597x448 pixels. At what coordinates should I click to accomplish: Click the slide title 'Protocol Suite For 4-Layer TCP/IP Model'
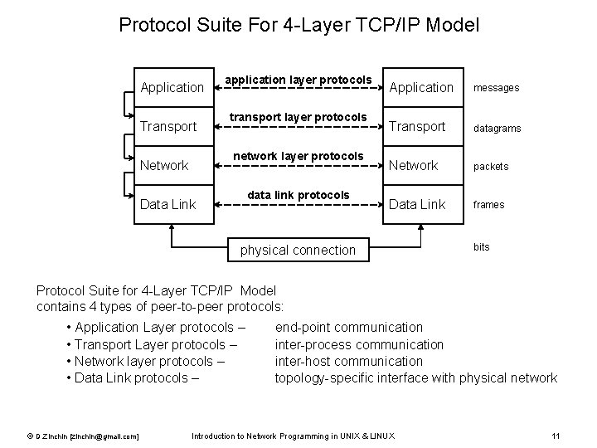[298, 25]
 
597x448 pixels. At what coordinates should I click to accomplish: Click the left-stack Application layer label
[172, 87]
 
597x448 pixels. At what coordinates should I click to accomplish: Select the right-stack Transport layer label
[417, 126]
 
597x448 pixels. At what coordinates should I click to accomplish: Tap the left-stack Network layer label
[164, 165]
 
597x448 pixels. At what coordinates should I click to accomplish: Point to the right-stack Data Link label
[417, 204]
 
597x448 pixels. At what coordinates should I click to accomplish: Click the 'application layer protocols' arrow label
[298, 80]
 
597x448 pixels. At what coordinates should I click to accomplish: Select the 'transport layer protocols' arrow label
[298, 118]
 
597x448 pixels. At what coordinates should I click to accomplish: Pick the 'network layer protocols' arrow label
[298, 156]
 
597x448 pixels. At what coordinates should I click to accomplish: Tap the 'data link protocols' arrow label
[298, 195]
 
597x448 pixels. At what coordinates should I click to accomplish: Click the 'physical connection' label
[297, 250]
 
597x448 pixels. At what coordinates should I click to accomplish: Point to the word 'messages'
[496, 88]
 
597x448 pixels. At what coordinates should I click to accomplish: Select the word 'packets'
[491, 167]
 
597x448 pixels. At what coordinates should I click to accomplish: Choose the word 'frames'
[489, 205]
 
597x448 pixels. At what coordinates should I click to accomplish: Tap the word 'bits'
[482, 247]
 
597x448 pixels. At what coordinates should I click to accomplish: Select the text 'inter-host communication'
[349, 361]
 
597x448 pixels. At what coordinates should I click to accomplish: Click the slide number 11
[556, 436]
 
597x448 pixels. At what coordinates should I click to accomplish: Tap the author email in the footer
[82, 436]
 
